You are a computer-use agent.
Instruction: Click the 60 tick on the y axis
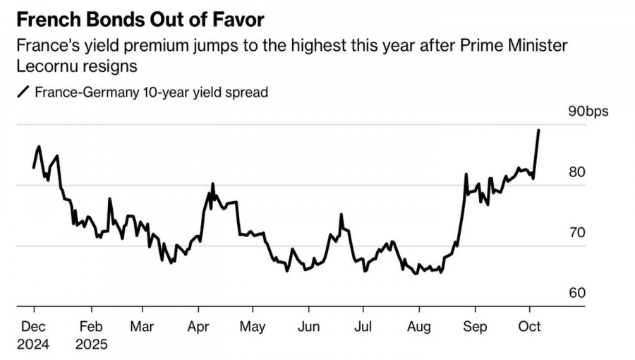(x=577, y=293)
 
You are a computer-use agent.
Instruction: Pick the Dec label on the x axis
(x=34, y=327)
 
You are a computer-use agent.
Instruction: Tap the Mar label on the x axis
(x=142, y=327)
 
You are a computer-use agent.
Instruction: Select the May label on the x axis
(x=252, y=327)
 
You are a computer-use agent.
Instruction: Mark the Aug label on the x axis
(x=419, y=327)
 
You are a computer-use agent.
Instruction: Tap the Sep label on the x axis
(x=474, y=327)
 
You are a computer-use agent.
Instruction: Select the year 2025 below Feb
(x=92, y=345)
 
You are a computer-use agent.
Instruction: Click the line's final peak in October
(x=539, y=131)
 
